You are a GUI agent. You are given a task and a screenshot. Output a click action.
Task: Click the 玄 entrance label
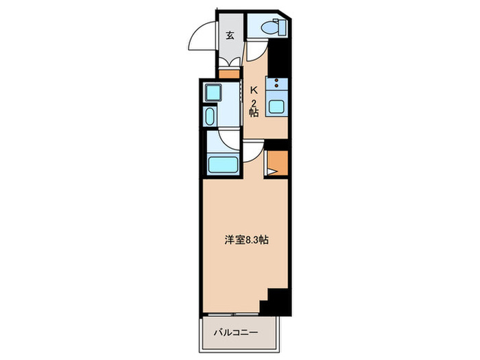(230, 36)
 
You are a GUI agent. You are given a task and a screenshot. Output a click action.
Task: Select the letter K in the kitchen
(253, 89)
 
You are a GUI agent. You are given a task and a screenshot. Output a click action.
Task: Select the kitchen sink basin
(277, 107)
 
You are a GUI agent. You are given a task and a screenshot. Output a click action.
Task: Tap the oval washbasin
(211, 115)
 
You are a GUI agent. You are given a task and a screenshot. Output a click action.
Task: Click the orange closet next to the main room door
(276, 163)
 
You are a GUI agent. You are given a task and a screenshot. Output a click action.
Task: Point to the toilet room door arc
(255, 48)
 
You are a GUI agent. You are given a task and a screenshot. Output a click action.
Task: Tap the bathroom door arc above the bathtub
(225, 140)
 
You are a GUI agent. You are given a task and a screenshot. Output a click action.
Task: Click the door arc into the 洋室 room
(251, 149)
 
